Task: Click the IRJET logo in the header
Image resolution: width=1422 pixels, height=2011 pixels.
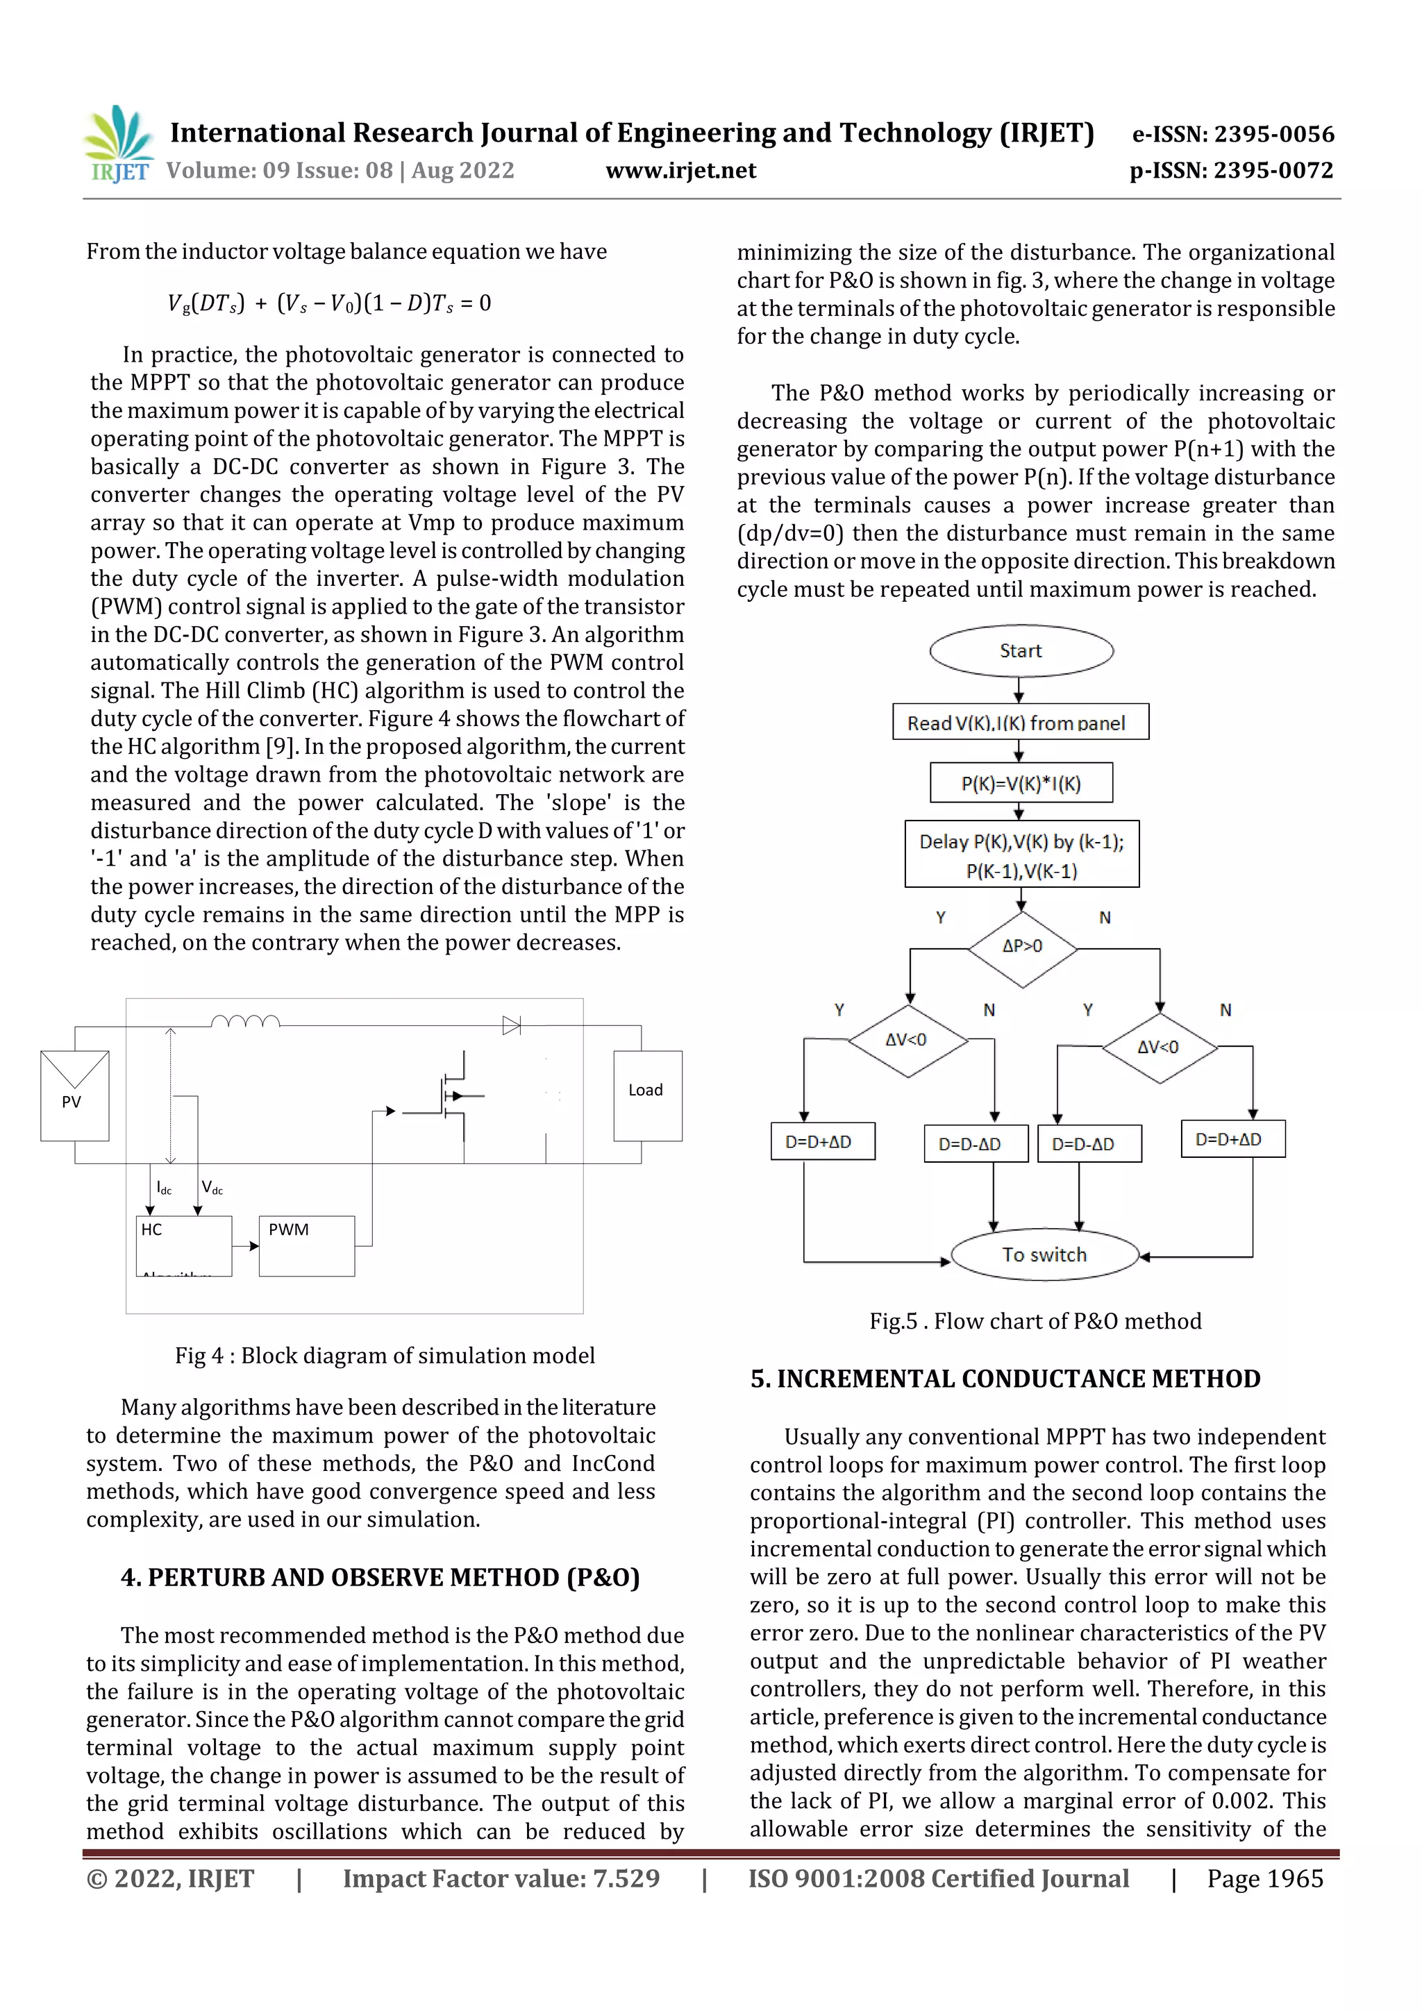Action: pos(118,144)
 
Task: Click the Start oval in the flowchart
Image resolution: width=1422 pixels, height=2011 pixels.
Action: pos(1021,650)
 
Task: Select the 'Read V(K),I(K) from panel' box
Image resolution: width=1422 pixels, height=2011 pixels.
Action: pos(1020,723)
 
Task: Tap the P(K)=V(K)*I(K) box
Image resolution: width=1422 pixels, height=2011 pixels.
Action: pos(1021,783)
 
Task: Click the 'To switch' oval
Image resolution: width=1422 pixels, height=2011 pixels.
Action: pos(1044,1254)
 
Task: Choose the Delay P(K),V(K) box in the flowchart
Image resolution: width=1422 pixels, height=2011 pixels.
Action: pos(1021,855)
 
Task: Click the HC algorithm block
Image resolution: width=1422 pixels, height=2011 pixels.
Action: pos(183,1245)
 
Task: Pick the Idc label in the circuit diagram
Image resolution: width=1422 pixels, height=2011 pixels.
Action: pos(164,1188)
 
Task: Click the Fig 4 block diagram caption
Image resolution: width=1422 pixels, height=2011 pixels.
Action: pos(385,1355)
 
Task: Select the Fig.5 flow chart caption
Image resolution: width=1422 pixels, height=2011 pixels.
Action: pos(1035,1321)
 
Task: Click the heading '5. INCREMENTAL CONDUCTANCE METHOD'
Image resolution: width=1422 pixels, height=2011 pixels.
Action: pos(1005,1379)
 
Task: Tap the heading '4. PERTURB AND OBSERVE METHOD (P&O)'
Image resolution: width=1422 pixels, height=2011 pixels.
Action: pos(380,1576)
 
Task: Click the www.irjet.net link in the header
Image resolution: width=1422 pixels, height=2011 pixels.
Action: pos(680,170)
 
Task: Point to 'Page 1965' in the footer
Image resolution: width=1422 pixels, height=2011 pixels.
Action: pos(1264,1878)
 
